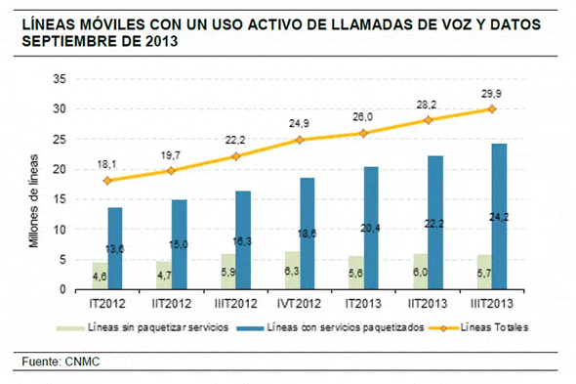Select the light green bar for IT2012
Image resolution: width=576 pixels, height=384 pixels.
100,277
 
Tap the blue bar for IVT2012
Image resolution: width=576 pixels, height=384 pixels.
307,235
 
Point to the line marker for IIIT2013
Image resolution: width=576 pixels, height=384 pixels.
491,109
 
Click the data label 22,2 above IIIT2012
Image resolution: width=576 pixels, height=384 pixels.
234,140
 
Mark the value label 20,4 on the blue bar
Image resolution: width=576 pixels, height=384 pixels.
369,228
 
